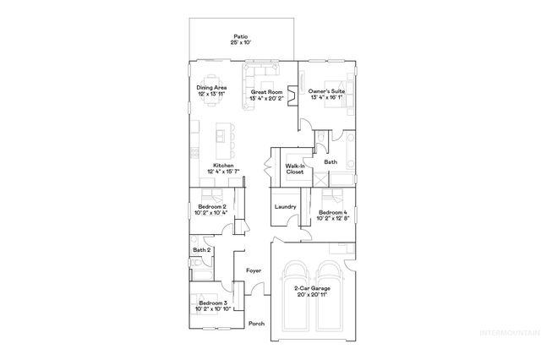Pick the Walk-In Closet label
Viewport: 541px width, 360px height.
(x=294, y=169)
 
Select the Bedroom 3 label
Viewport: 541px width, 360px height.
(x=212, y=305)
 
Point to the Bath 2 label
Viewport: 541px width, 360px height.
(x=201, y=250)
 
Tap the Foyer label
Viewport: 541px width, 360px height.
(x=253, y=270)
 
